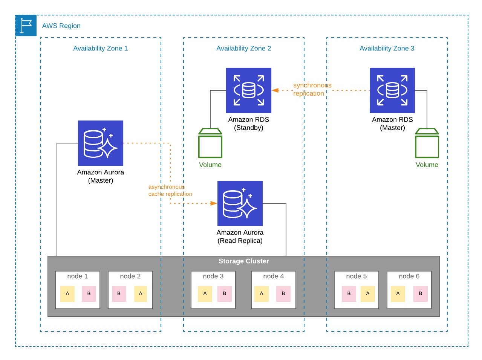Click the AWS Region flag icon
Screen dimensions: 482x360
26,26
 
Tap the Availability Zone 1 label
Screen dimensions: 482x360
100,48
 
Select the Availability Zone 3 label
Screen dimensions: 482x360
387,48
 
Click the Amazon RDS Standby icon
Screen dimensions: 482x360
249,90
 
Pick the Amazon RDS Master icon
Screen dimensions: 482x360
392,90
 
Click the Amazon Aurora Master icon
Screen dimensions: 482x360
101,143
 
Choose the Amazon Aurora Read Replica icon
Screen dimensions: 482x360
240,203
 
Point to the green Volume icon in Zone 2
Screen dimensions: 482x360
210,143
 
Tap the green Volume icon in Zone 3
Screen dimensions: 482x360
427,143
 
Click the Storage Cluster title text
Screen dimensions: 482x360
244,261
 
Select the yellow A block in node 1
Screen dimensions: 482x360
67,294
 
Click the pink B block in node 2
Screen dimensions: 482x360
119,294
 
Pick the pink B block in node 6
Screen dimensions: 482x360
421,294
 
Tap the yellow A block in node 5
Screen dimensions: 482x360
367,294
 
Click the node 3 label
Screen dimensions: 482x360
213,276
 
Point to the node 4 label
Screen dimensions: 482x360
273,276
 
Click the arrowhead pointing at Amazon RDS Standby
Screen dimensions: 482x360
275,90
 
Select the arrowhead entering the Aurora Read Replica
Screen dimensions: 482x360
214,203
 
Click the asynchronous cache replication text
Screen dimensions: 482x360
170,191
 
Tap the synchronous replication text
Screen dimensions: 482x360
312,89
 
